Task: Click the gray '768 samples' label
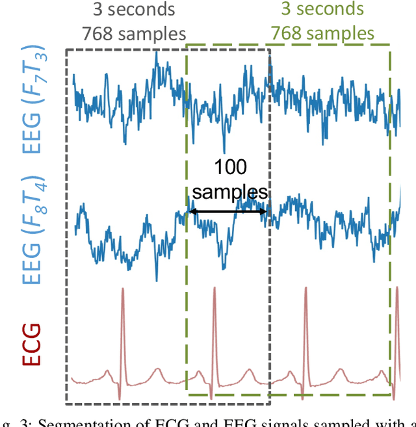(x=133, y=32)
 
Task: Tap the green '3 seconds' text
(x=322, y=10)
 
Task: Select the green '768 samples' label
(x=322, y=32)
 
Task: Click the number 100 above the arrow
(x=230, y=168)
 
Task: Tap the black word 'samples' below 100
(x=230, y=192)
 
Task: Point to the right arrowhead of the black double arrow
(x=265, y=211)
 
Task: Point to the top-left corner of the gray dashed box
(x=66, y=49)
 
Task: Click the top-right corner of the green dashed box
(x=390, y=45)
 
